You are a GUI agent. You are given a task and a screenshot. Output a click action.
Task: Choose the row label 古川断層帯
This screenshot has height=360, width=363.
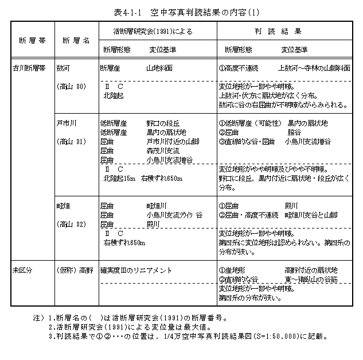pos(28,67)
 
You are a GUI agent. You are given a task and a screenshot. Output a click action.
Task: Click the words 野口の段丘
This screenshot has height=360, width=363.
pos(163,123)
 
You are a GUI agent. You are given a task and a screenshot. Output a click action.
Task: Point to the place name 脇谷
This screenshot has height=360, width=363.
pos(292,131)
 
